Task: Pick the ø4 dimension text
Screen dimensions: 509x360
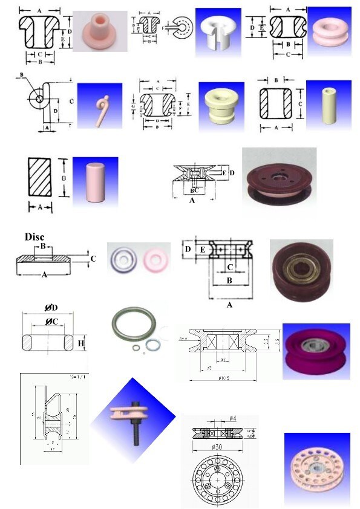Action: pos(233,419)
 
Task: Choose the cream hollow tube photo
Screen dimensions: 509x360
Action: pos(329,105)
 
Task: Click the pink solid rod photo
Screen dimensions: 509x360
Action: pos(95,181)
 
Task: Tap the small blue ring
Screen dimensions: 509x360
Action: pos(154,346)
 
